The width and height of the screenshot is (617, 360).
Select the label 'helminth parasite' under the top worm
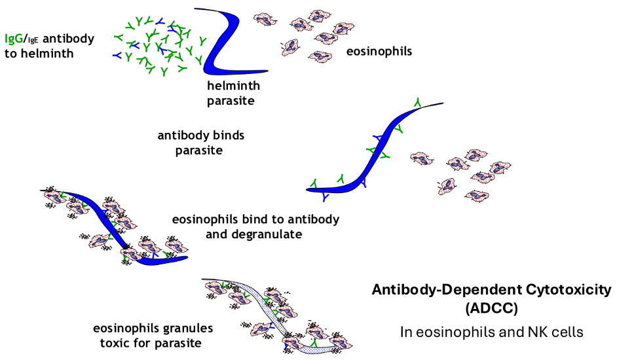[x=233, y=94]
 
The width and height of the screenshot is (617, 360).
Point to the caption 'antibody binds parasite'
[x=200, y=143]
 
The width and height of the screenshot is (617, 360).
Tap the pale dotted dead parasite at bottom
[x=282, y=314]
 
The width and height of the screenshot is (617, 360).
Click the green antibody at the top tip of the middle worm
[x=417, y=102]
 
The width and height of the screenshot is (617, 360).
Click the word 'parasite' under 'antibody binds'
[x=199, y=151]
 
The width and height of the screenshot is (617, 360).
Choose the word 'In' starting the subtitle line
[x=406, y=332]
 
